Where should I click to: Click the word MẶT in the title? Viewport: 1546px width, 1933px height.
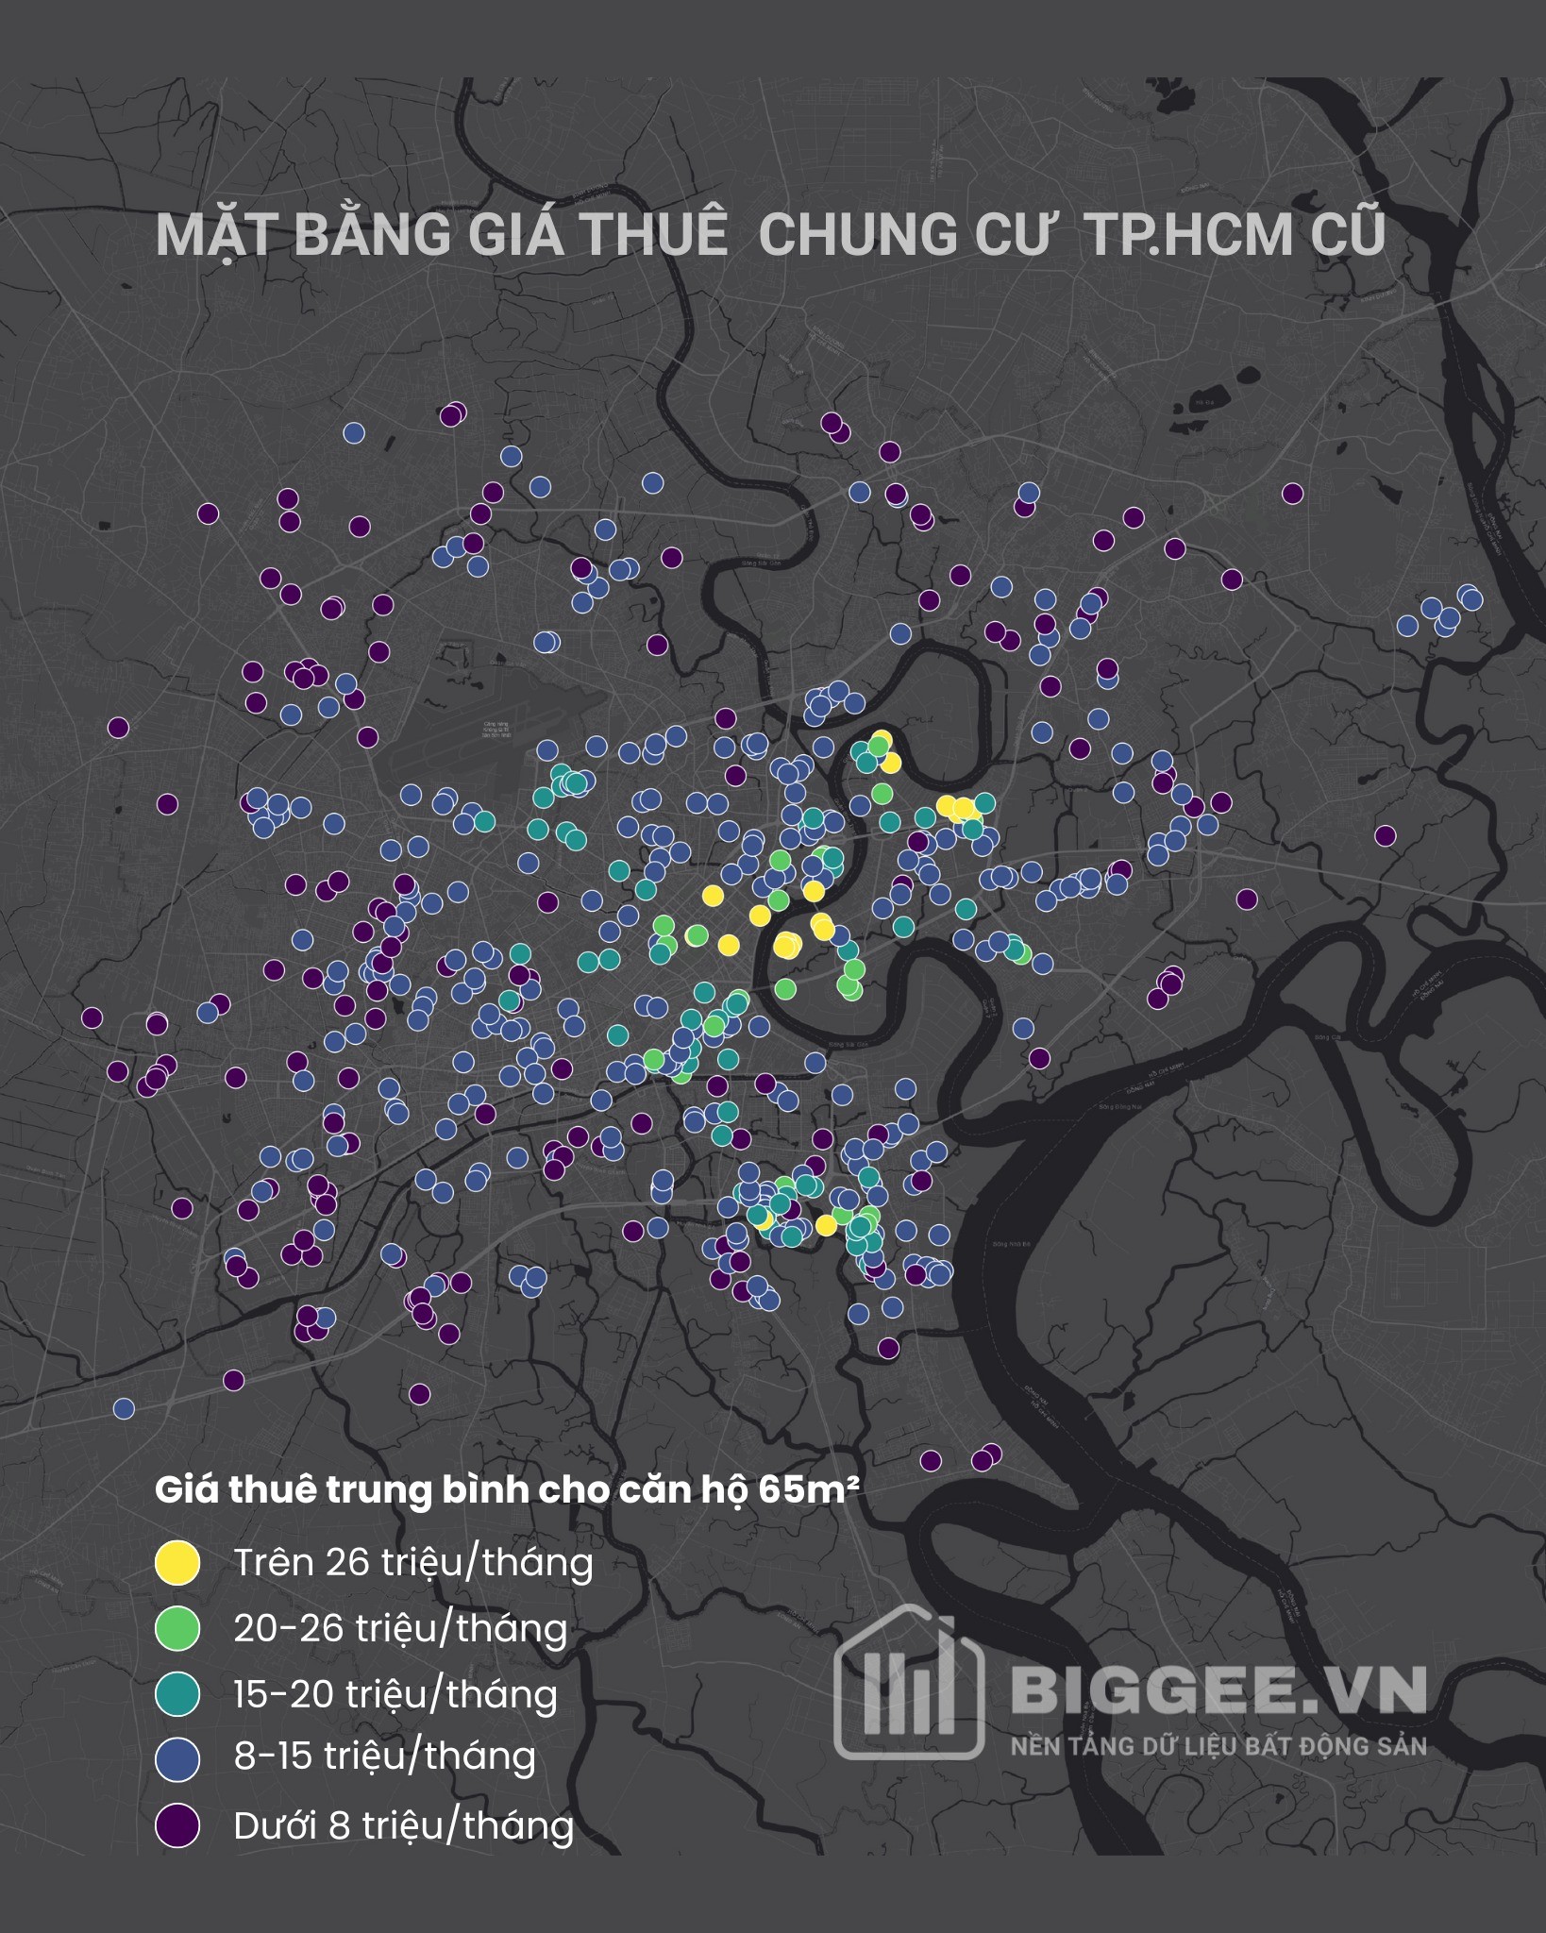pos(216,235)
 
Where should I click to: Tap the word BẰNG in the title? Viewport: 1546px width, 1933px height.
pos(372,235)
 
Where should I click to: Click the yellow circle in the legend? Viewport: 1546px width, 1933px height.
pos(177,1563)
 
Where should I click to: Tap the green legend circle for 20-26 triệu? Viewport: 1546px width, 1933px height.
pos(177,1629)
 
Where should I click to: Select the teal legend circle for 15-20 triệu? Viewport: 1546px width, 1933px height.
pos(177,1694)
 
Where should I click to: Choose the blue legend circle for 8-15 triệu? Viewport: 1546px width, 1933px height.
pos(177,1759)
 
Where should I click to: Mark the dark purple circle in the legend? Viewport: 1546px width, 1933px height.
pos(177,1825)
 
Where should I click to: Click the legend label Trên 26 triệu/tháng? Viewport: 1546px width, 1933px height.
pos(413,1563)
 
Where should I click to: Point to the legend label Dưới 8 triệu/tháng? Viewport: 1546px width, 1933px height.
pos(403,1825)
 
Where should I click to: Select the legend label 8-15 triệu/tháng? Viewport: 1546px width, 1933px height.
pos(385,1757)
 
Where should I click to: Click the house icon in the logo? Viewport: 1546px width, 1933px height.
pos(909,1685)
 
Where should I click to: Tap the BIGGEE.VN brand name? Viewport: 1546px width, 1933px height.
pos(1218,1690)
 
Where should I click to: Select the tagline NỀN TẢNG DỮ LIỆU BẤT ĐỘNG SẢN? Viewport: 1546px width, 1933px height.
pos(1218,1746)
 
